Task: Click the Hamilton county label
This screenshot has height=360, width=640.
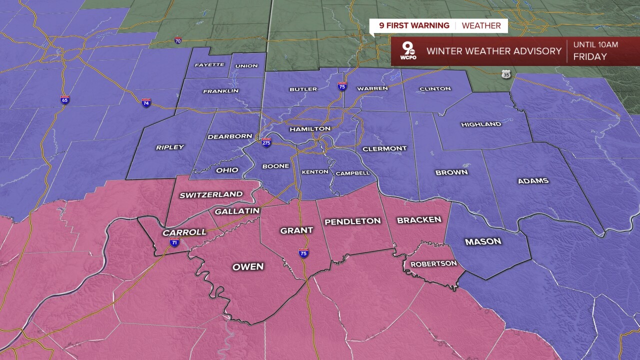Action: pyautogui.click(x=310, y=129)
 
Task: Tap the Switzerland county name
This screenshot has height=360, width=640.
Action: pyautogui.click(x=211, y=194)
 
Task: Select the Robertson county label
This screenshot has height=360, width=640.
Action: pyautogui.click(x=433, y=263)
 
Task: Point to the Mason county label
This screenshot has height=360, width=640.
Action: pyautogui.click(x=482, y=241)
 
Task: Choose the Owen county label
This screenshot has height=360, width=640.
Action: pyautogui.click(x=248, y=266)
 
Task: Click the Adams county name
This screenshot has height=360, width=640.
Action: pyautogui.click(x=533, y=180)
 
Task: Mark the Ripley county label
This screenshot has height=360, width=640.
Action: pyautogui.click(x=170, y=147)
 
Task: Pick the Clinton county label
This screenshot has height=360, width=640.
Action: pyautogui.click(x=435, y=88)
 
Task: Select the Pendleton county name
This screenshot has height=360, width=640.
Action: pyautogui.click(x=352, y=221)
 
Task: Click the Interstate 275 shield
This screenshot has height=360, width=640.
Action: pyautogui.click(x=266, y=142)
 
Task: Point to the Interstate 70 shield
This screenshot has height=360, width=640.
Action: pyautogui.click(x=178, y=40)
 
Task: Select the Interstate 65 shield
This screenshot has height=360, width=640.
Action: pyautogui.click(x=65, y=99)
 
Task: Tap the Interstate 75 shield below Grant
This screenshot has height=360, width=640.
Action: pyautogui.click(x=303, y=253)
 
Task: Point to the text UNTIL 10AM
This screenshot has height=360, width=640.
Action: pyautogui.click(x=595, y=44)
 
